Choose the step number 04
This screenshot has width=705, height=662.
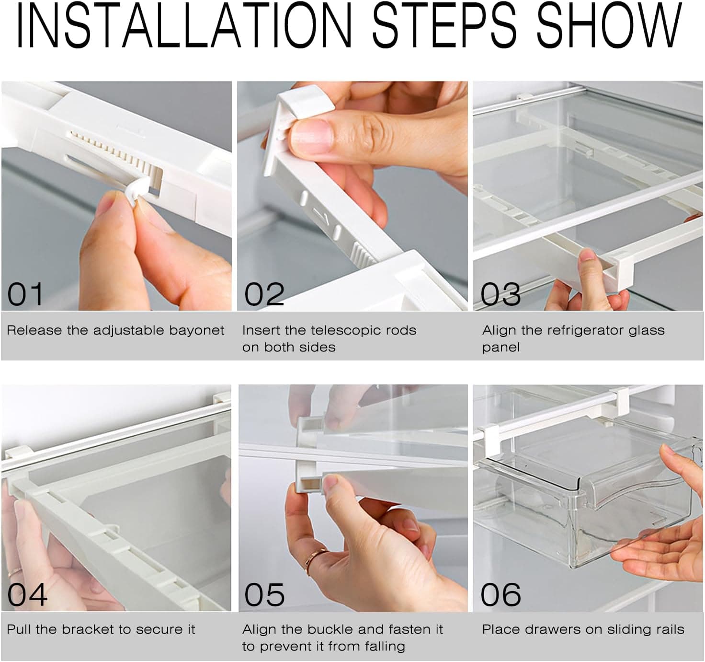coord(27,595)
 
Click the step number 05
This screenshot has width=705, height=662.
coord(264,595)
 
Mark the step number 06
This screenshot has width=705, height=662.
coord(500,595)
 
